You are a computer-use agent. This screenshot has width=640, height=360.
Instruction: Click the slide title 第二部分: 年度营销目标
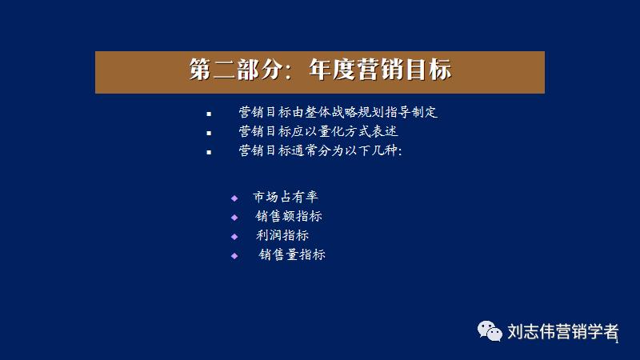pyautogui.click(x=320, y=70)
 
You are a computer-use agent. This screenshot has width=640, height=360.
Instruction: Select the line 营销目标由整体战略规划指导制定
pyautogui.click(x=338, y=113)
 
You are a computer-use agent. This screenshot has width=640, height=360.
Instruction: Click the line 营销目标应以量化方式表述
pyautogui.click(x=318, y=131)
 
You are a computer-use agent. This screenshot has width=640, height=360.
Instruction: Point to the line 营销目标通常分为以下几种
pyautogui.click(x=319, y=150)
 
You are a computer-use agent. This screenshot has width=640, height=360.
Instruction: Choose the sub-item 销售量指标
pyautogui.click(x=292, y=254)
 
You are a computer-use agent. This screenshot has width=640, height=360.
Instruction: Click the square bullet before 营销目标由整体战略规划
pyautogui.click(x=209, y=114)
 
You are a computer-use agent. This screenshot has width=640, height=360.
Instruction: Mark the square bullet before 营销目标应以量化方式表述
pyautogui.click(x=209, y=133)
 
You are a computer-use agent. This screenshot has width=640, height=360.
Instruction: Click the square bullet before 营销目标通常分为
pyautogui.click(x=209, y=151)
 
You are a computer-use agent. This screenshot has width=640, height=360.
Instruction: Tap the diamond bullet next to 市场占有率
pyautogui.click(x=234, y=198)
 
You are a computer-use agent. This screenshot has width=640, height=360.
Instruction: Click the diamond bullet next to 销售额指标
pyautogui.click(x=234, y=217)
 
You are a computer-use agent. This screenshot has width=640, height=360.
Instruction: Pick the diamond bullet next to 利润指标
pyautogui.click(x=234, y=236)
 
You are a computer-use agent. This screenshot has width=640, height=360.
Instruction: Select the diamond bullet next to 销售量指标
pyautogui.click(x=234, y=255)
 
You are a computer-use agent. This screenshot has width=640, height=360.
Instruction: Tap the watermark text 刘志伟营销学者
pyautogui.click(x=562, y=330)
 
